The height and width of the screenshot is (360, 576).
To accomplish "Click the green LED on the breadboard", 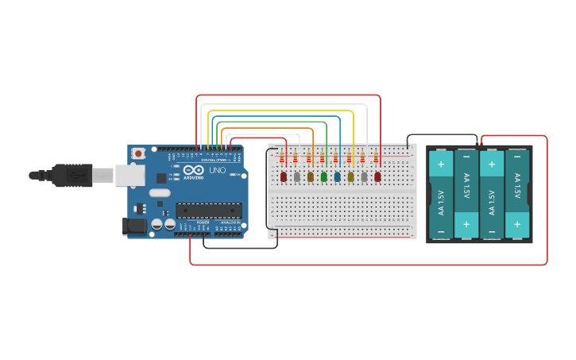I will [324, 176].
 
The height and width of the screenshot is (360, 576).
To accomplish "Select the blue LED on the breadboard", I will [337, 176].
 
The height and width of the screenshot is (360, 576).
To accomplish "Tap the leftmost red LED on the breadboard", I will [284, 176].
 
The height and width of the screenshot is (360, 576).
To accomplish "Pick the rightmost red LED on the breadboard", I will [377, 176].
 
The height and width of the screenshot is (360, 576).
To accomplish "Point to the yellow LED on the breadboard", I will [350, 176].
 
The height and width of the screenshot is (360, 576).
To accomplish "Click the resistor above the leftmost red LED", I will [282, 158].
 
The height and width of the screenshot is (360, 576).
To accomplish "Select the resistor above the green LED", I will [323, 158].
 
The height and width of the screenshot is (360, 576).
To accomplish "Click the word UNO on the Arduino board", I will [217, 170].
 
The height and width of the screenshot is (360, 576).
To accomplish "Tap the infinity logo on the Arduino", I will [194, 170].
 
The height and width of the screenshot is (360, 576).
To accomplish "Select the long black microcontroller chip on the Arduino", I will [208, 210].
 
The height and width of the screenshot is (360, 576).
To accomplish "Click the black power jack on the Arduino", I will [137, 226].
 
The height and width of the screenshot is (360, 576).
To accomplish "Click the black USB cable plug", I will [72, 175].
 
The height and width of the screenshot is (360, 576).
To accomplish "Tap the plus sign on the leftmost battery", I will [441, 165].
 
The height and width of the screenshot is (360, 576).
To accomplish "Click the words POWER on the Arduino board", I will [203, 222].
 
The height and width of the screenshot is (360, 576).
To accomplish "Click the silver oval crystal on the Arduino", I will [160, 192].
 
